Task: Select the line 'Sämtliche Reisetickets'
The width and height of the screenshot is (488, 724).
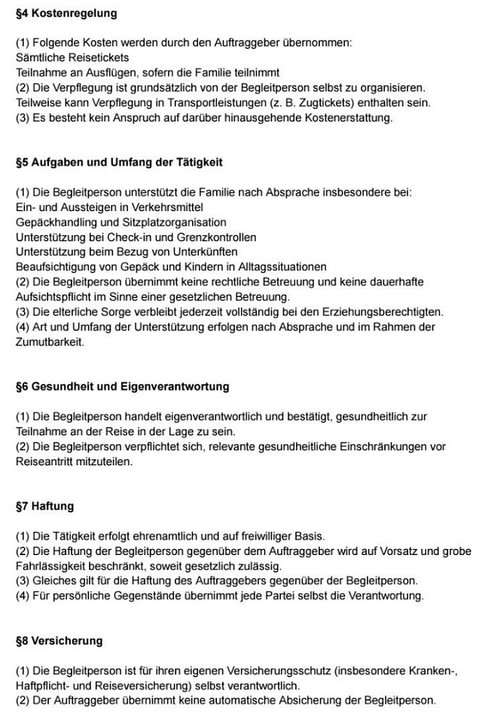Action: pos(72,57)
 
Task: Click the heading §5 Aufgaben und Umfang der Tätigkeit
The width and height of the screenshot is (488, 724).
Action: pos(119,162)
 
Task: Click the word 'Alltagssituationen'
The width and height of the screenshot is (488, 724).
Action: pos(282,266)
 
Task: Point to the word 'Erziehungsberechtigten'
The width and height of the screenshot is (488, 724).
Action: pos(384,311)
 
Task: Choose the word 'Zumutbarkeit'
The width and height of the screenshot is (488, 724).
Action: pos(49,341)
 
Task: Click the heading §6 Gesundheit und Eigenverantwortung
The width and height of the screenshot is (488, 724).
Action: pos(122,386)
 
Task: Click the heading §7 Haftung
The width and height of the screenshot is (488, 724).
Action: pos(44,505)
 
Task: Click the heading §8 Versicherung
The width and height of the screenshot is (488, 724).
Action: pos(59,640)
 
